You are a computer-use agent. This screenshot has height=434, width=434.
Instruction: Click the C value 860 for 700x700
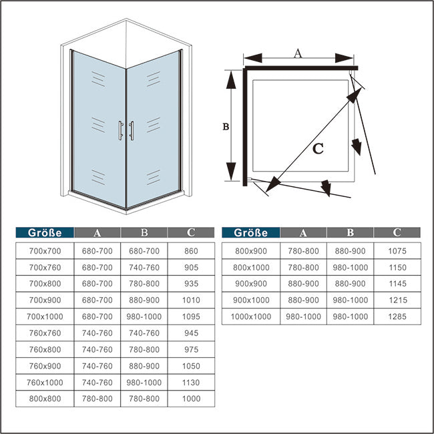[x=191, y=251]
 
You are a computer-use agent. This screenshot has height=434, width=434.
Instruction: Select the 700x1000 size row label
[x=45, y=316]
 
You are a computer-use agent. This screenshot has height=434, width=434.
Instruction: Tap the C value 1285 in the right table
[x=397, y=316]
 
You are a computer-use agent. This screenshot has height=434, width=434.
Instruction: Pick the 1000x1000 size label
[x=252, y=316]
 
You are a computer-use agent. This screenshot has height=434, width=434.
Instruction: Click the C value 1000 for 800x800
[x=191, y=399]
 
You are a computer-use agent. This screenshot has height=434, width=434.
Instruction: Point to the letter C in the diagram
[x=318, y=149]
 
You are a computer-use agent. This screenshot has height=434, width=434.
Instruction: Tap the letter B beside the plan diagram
[x=226, y=126]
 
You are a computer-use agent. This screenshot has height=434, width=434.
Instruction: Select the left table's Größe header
[x=45, y=233]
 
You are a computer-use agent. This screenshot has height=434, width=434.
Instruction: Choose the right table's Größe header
[x=251, y=233]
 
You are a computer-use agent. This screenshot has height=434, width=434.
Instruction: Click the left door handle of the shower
[x=120, y=131]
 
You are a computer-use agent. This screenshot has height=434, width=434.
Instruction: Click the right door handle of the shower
[x=132, y=131]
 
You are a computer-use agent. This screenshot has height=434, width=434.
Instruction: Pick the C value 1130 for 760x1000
[x=191, y=382]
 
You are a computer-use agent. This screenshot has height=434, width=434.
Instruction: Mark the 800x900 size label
[x=252, y=251]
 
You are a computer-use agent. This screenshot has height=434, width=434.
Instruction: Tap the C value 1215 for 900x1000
[x=397, y=300]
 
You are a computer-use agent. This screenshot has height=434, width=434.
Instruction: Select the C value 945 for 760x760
[x=191, y=333]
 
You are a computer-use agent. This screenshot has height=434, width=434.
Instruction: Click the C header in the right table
[x=397, y=233]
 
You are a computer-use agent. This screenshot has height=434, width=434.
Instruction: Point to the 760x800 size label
[x=45, y=349]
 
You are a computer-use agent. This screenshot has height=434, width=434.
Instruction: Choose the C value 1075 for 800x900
[x=397, y=251]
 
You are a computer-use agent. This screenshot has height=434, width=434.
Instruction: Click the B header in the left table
[x=144, y=233]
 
